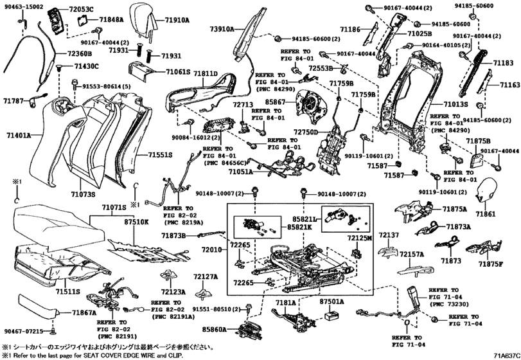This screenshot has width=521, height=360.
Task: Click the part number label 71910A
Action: coord(175,21)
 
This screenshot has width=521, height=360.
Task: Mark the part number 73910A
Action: coord(222,29)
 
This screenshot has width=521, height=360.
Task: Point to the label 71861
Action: coord(486,212)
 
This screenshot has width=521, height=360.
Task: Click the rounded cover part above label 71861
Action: coord(492,190)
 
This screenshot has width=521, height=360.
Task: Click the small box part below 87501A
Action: coord(332,316)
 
